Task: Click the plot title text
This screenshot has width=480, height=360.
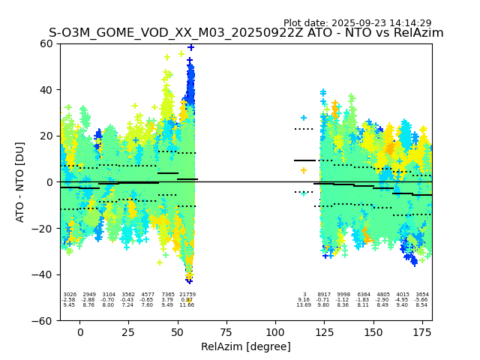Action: pyautogui.click(x=246, y=33)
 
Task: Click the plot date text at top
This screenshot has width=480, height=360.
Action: pyautogui.click(x=357, y=23)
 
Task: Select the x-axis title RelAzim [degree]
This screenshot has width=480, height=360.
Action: pyautogui.click(x=246, y=346)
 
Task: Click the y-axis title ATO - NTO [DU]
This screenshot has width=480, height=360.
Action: pyautogui.click(x=20, y=181)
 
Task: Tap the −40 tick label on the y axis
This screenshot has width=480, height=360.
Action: pyautogui.click(x=44, y=274)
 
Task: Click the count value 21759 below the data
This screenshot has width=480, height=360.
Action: pyautogui.click(x=187, y=295)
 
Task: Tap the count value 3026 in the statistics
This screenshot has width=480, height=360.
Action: pyautogui.click(x=70, y=295)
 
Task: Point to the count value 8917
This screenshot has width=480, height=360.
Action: pyautogui.click(x=324, y=295)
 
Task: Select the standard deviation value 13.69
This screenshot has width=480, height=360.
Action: pyautogui.click(x=304, y=305)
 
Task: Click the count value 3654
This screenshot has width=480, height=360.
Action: pyautogui.click(x=422, y=295)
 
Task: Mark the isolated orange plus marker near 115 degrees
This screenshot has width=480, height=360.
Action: pyautogui.click(x=304, y=170)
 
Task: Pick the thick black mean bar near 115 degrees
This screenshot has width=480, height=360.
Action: pyautogui.click(x=304, y=160)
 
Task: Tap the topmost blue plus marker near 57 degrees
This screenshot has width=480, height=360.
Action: pyautogui.click(x=190, y=47)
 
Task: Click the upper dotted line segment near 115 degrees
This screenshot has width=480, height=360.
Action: pyautogui.click(x=304, y=129)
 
